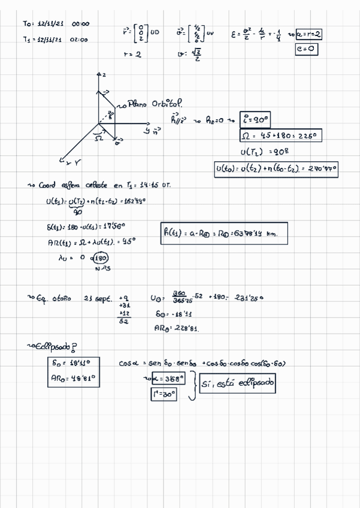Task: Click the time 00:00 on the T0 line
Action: [x=80, y=24]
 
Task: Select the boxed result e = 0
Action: [x=306, y=50]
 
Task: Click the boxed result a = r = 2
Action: [x=308, y=35]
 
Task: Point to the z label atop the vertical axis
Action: [x=103, y=75]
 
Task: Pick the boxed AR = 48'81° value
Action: [x=72, y=378]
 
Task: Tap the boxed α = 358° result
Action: [x=168, y=379]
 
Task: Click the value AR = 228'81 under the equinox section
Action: [x=177, y=328]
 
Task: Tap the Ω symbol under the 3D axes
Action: [x=99, y=138]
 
